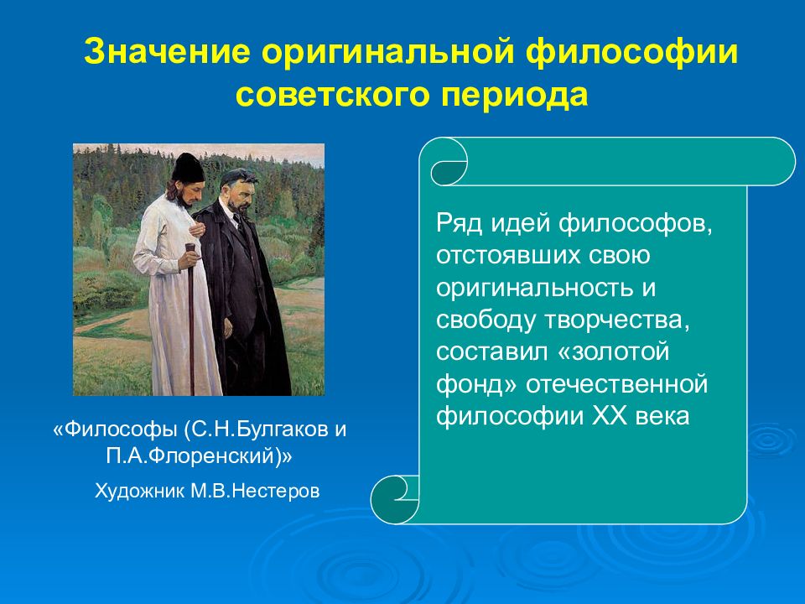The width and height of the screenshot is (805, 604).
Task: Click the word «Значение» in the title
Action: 168,51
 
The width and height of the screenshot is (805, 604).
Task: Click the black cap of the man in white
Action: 187,167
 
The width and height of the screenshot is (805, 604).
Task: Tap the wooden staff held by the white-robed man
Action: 191,319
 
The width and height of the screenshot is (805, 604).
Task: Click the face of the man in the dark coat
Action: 239,193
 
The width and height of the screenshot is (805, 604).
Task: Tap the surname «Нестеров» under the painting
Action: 276,491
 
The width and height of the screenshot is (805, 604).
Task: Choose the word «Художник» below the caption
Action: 140,492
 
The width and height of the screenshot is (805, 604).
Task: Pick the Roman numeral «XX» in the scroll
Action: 610,416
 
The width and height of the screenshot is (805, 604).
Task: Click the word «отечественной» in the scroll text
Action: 616,385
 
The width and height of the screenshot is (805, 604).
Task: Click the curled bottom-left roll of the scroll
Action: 395,499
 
